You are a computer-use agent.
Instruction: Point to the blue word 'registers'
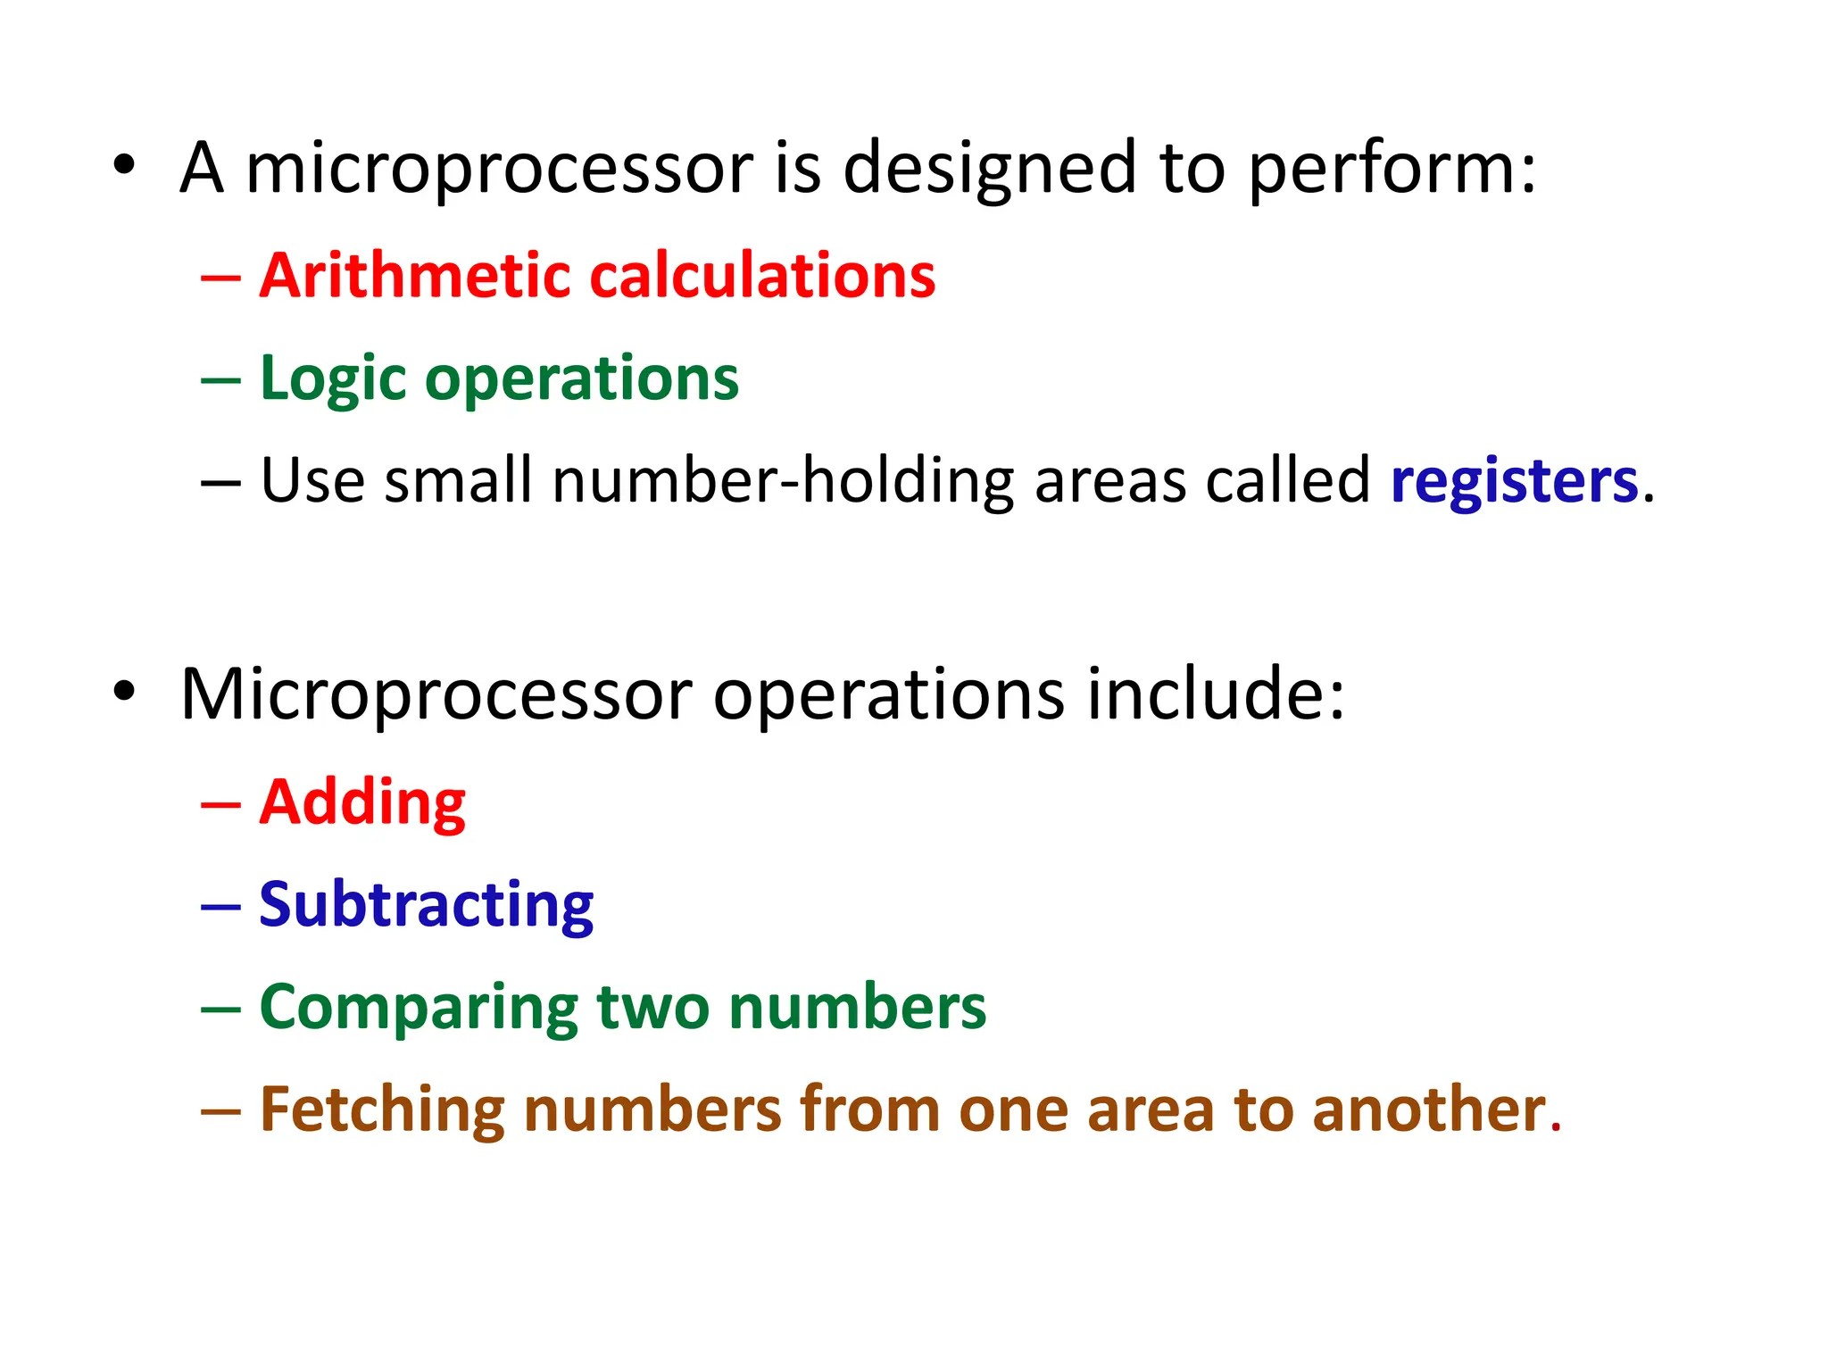pyautogui.click(x=1514, y=481)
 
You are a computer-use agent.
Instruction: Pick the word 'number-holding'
pyautogui.click(x=783, y=481)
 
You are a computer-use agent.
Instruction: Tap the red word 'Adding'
pyautogui.click(x=362, y=802)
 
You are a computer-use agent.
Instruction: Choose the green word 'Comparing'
pyautogui.click(x=419, y=1008)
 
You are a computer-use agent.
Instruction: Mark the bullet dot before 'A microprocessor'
pyautogui.click(x=124, y=165)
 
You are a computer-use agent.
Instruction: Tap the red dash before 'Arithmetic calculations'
pyautogui.click(x=220, y=278)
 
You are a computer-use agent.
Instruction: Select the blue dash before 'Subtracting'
pyautogui.click(x=220, y=907)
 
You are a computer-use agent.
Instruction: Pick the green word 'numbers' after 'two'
pyautogui.click(x=857, y=1008)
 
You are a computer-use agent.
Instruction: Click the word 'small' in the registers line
pyautogui.click(x=458, y=481)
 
